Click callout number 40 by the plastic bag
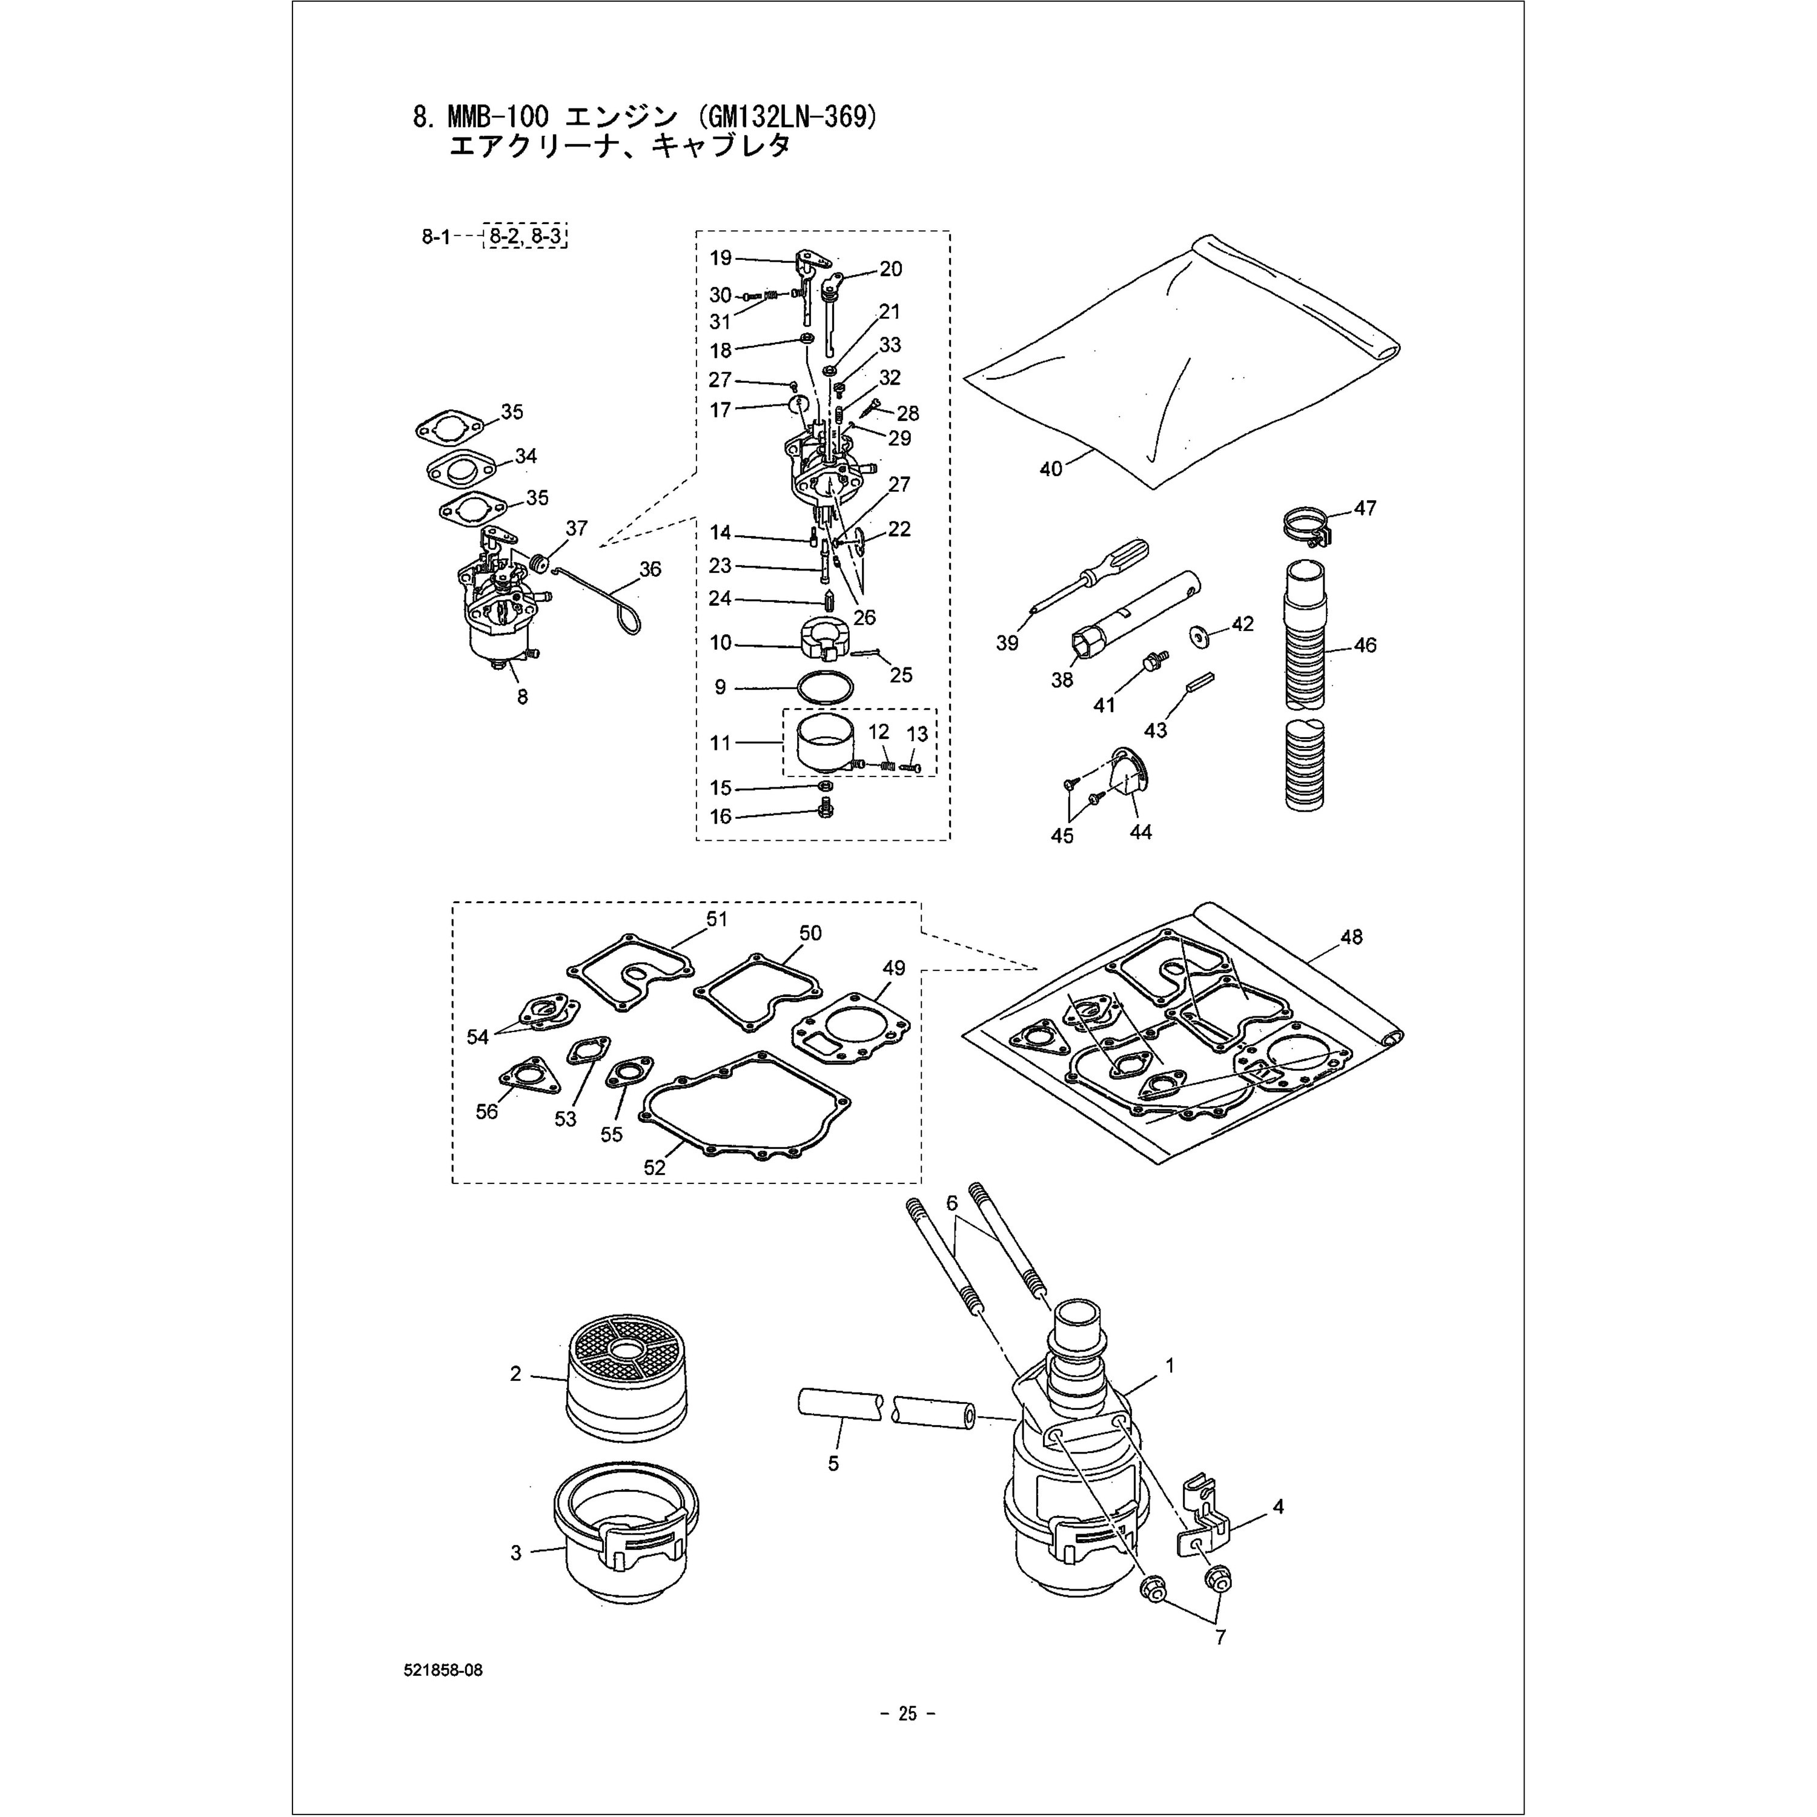(1050, 468)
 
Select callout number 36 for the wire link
(650, 569)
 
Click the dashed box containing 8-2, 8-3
(525, 236)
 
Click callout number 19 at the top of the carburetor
(720, 257)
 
